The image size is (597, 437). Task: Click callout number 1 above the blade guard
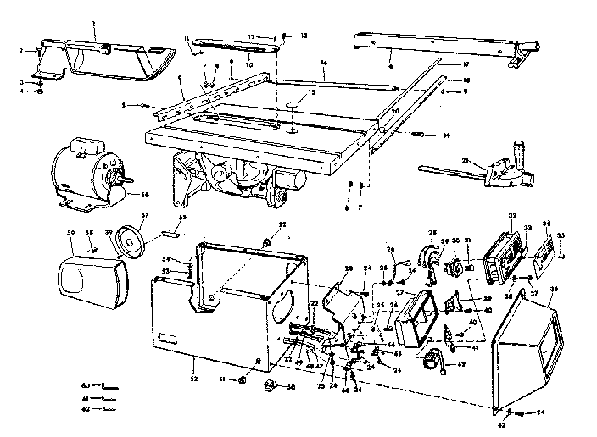(x=95, y=18)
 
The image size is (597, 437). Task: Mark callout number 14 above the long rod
(x=323, y=64)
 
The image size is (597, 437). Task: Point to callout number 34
(x=545, y=224)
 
